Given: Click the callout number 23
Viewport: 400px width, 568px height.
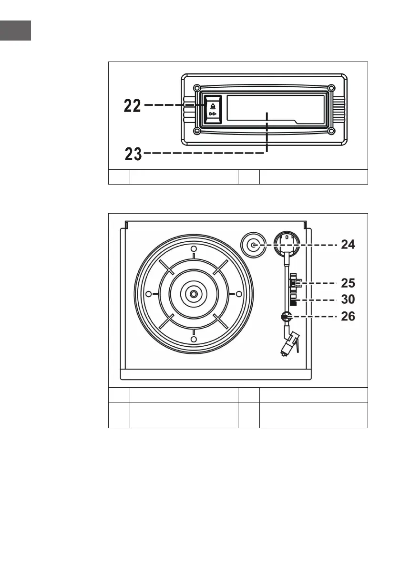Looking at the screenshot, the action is click(x=133, y=154).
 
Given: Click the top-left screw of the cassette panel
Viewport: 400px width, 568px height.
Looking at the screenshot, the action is click(x=196, y=87).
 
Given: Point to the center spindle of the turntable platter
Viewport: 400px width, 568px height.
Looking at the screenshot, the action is click(x=193, y=294).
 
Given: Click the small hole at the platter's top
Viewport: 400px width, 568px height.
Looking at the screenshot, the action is click(x=193, y=250).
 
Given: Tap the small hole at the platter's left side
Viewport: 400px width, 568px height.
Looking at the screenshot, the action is click(x=148, y=294).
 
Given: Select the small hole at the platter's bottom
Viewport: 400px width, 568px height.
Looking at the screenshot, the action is click(x=193, y=339).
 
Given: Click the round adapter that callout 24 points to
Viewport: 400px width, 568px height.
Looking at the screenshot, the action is click(x=253, y=245).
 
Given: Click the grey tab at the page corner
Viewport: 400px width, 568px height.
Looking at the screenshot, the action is click(x=15, y=31).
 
